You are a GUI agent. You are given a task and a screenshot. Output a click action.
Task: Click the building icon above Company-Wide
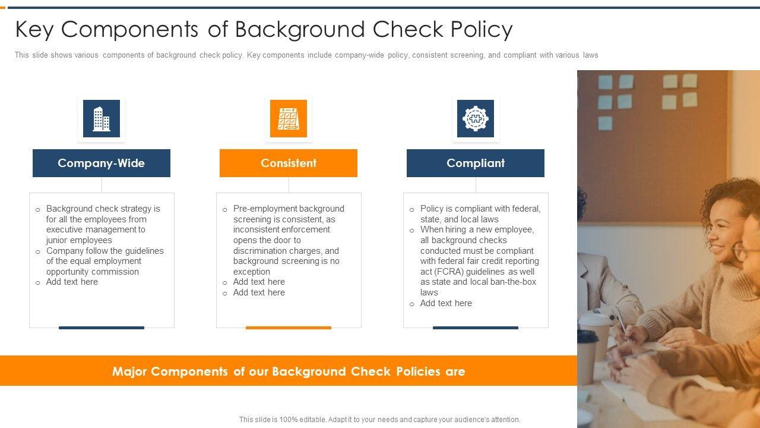click(x=102, y=118)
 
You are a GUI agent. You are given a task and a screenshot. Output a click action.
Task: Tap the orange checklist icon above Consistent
click(x=289, y=118)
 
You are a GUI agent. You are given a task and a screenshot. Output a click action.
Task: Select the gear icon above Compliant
click(x=476, y=118)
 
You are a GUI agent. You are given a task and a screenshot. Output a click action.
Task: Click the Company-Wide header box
click(x=102, y=163)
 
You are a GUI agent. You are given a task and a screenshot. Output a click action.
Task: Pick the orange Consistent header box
click(x=289, y=163)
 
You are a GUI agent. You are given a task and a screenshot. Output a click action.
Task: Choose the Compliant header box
click(x=476, y=163)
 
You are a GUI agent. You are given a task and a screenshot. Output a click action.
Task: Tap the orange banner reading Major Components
click(x=289, y=371)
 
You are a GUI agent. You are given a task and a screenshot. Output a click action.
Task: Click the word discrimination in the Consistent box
click(x=265, y=251)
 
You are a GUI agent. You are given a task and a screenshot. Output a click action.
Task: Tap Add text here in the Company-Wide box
click(x=72, y=282)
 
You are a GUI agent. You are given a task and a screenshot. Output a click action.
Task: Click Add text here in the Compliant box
click(x=446, y=303)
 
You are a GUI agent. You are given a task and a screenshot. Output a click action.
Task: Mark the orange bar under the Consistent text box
click(x=289, y=328)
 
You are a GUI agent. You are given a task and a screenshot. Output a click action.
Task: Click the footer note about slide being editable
click(x=380, y=420)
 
